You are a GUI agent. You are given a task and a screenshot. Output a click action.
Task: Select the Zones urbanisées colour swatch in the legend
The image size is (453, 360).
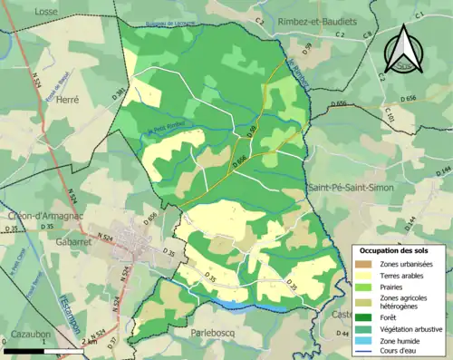[x=364, y=264]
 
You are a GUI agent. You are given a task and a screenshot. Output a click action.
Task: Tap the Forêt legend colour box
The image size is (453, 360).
[x=364, y=317]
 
